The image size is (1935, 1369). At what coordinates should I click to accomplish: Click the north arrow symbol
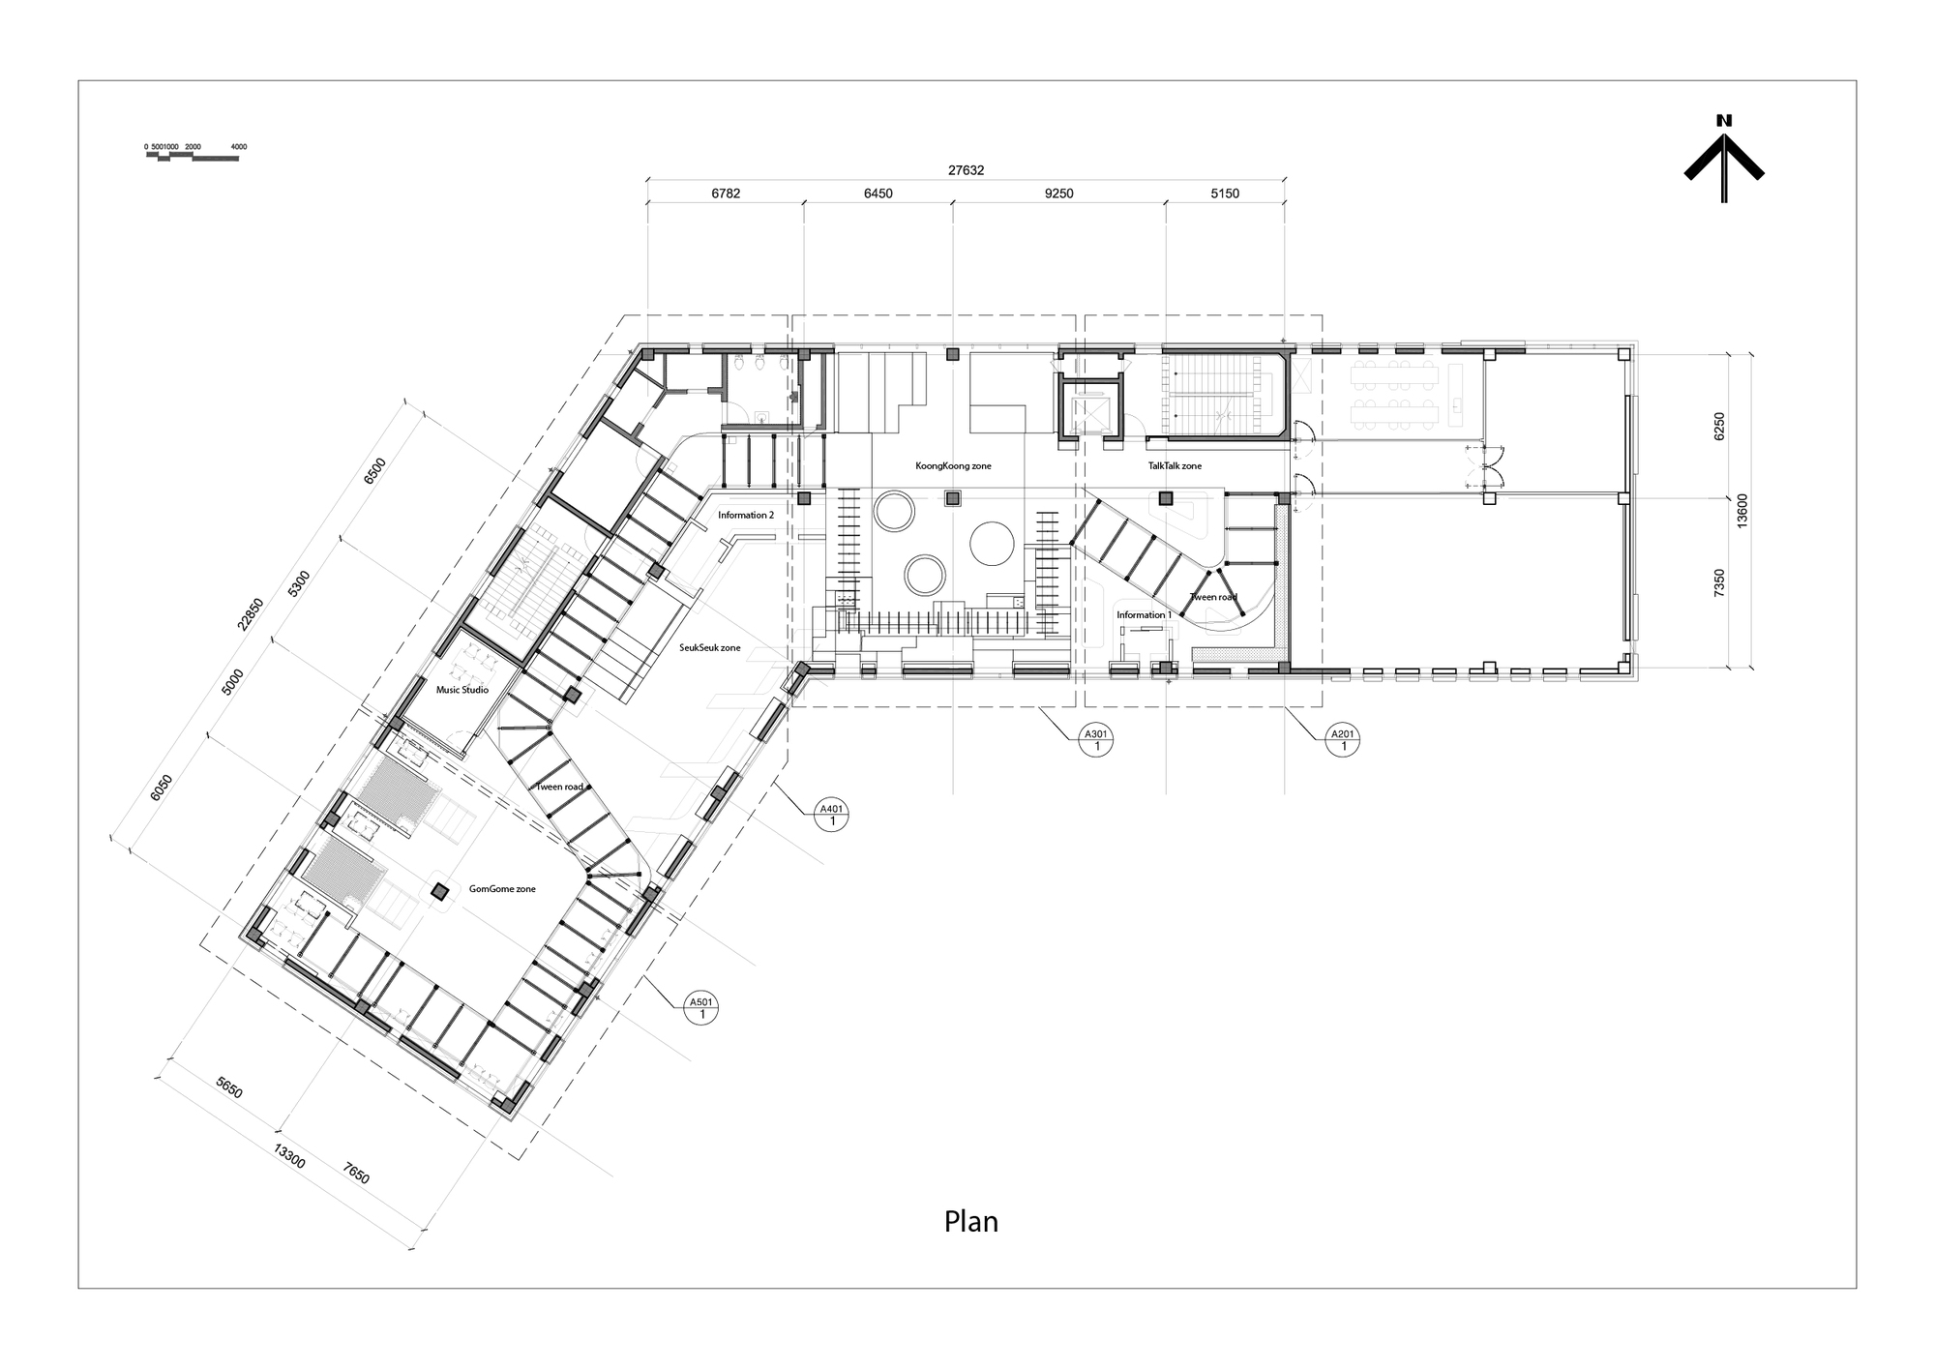point(1724,160)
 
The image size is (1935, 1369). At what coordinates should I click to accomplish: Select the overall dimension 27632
point(966,170)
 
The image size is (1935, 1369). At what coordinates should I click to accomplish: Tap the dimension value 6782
point(726,193)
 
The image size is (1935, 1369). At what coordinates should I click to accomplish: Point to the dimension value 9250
point(1058,193)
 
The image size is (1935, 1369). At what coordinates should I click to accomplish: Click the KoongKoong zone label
point(953,466)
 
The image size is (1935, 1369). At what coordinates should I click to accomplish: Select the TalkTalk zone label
point(1175,466)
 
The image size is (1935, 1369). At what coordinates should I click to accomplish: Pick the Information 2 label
point(745,516)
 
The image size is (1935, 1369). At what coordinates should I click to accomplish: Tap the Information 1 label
point(1144,615)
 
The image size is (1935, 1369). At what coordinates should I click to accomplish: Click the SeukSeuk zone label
point(709,648)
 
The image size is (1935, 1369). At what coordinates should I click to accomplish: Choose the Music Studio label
point(461,691)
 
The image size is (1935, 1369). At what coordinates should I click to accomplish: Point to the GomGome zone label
point(502,889)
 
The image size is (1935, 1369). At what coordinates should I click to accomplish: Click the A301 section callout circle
point(1097,740)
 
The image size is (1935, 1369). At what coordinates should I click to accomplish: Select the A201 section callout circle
point(1342,740)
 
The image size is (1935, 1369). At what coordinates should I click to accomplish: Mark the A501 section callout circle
point(700,1008)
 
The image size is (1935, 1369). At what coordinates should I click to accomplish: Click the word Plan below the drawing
point(970,1222)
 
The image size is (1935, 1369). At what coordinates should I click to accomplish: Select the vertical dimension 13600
point(1741,510)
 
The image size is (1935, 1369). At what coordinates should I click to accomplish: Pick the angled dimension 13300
point(288,1156)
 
